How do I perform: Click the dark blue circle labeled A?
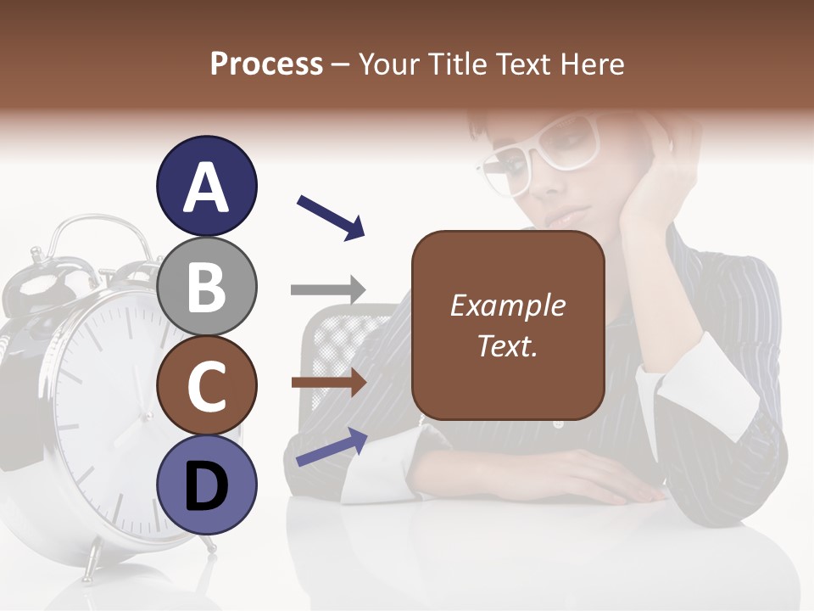pos(207,187)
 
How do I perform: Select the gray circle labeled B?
pos(207,286)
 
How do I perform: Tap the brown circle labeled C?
pos(207,386)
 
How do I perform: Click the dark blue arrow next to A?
pos(331,216)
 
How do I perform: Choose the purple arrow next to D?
pos(332,448)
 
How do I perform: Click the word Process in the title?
pos(266,64)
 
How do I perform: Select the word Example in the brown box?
pos(507,306)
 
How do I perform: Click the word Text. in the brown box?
pos(507,345)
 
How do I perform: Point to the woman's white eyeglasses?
pos(543,153)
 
